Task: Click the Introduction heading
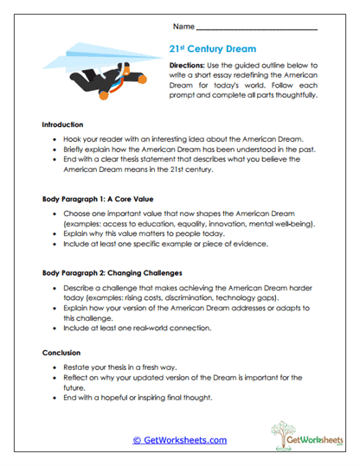(x=66, y=124)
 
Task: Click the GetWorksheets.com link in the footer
(x=180, y=440)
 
